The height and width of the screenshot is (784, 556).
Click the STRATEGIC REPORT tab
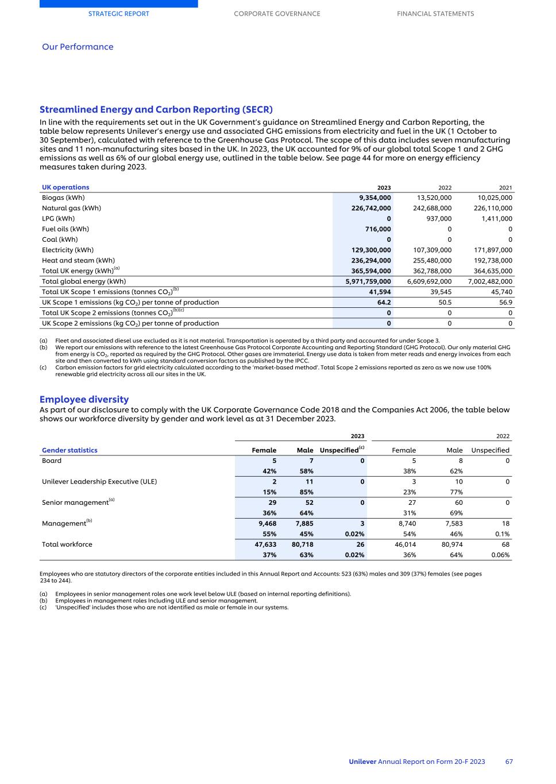[118, 14]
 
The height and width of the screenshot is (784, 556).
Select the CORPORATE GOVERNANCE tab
[277, 14]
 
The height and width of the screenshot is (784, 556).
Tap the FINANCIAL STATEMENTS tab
[435, 14]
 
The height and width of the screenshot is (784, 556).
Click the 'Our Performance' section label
[78, 47]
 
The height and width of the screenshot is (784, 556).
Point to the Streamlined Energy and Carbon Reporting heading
[156, 109]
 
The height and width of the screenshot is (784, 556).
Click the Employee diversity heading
[84, 399]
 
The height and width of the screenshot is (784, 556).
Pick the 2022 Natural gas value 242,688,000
[432, 208]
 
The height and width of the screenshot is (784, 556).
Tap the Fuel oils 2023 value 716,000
[378, 229]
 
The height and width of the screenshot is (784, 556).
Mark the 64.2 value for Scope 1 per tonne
[384, 302]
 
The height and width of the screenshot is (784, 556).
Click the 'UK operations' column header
[65, 187]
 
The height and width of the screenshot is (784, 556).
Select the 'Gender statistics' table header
[69, 450]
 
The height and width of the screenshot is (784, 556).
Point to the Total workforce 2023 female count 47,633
[265, 544]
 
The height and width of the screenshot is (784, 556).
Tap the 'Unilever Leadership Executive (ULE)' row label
[99, 481]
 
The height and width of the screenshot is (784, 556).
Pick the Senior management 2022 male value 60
[458, 503]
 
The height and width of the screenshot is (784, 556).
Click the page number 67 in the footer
[509, 762]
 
